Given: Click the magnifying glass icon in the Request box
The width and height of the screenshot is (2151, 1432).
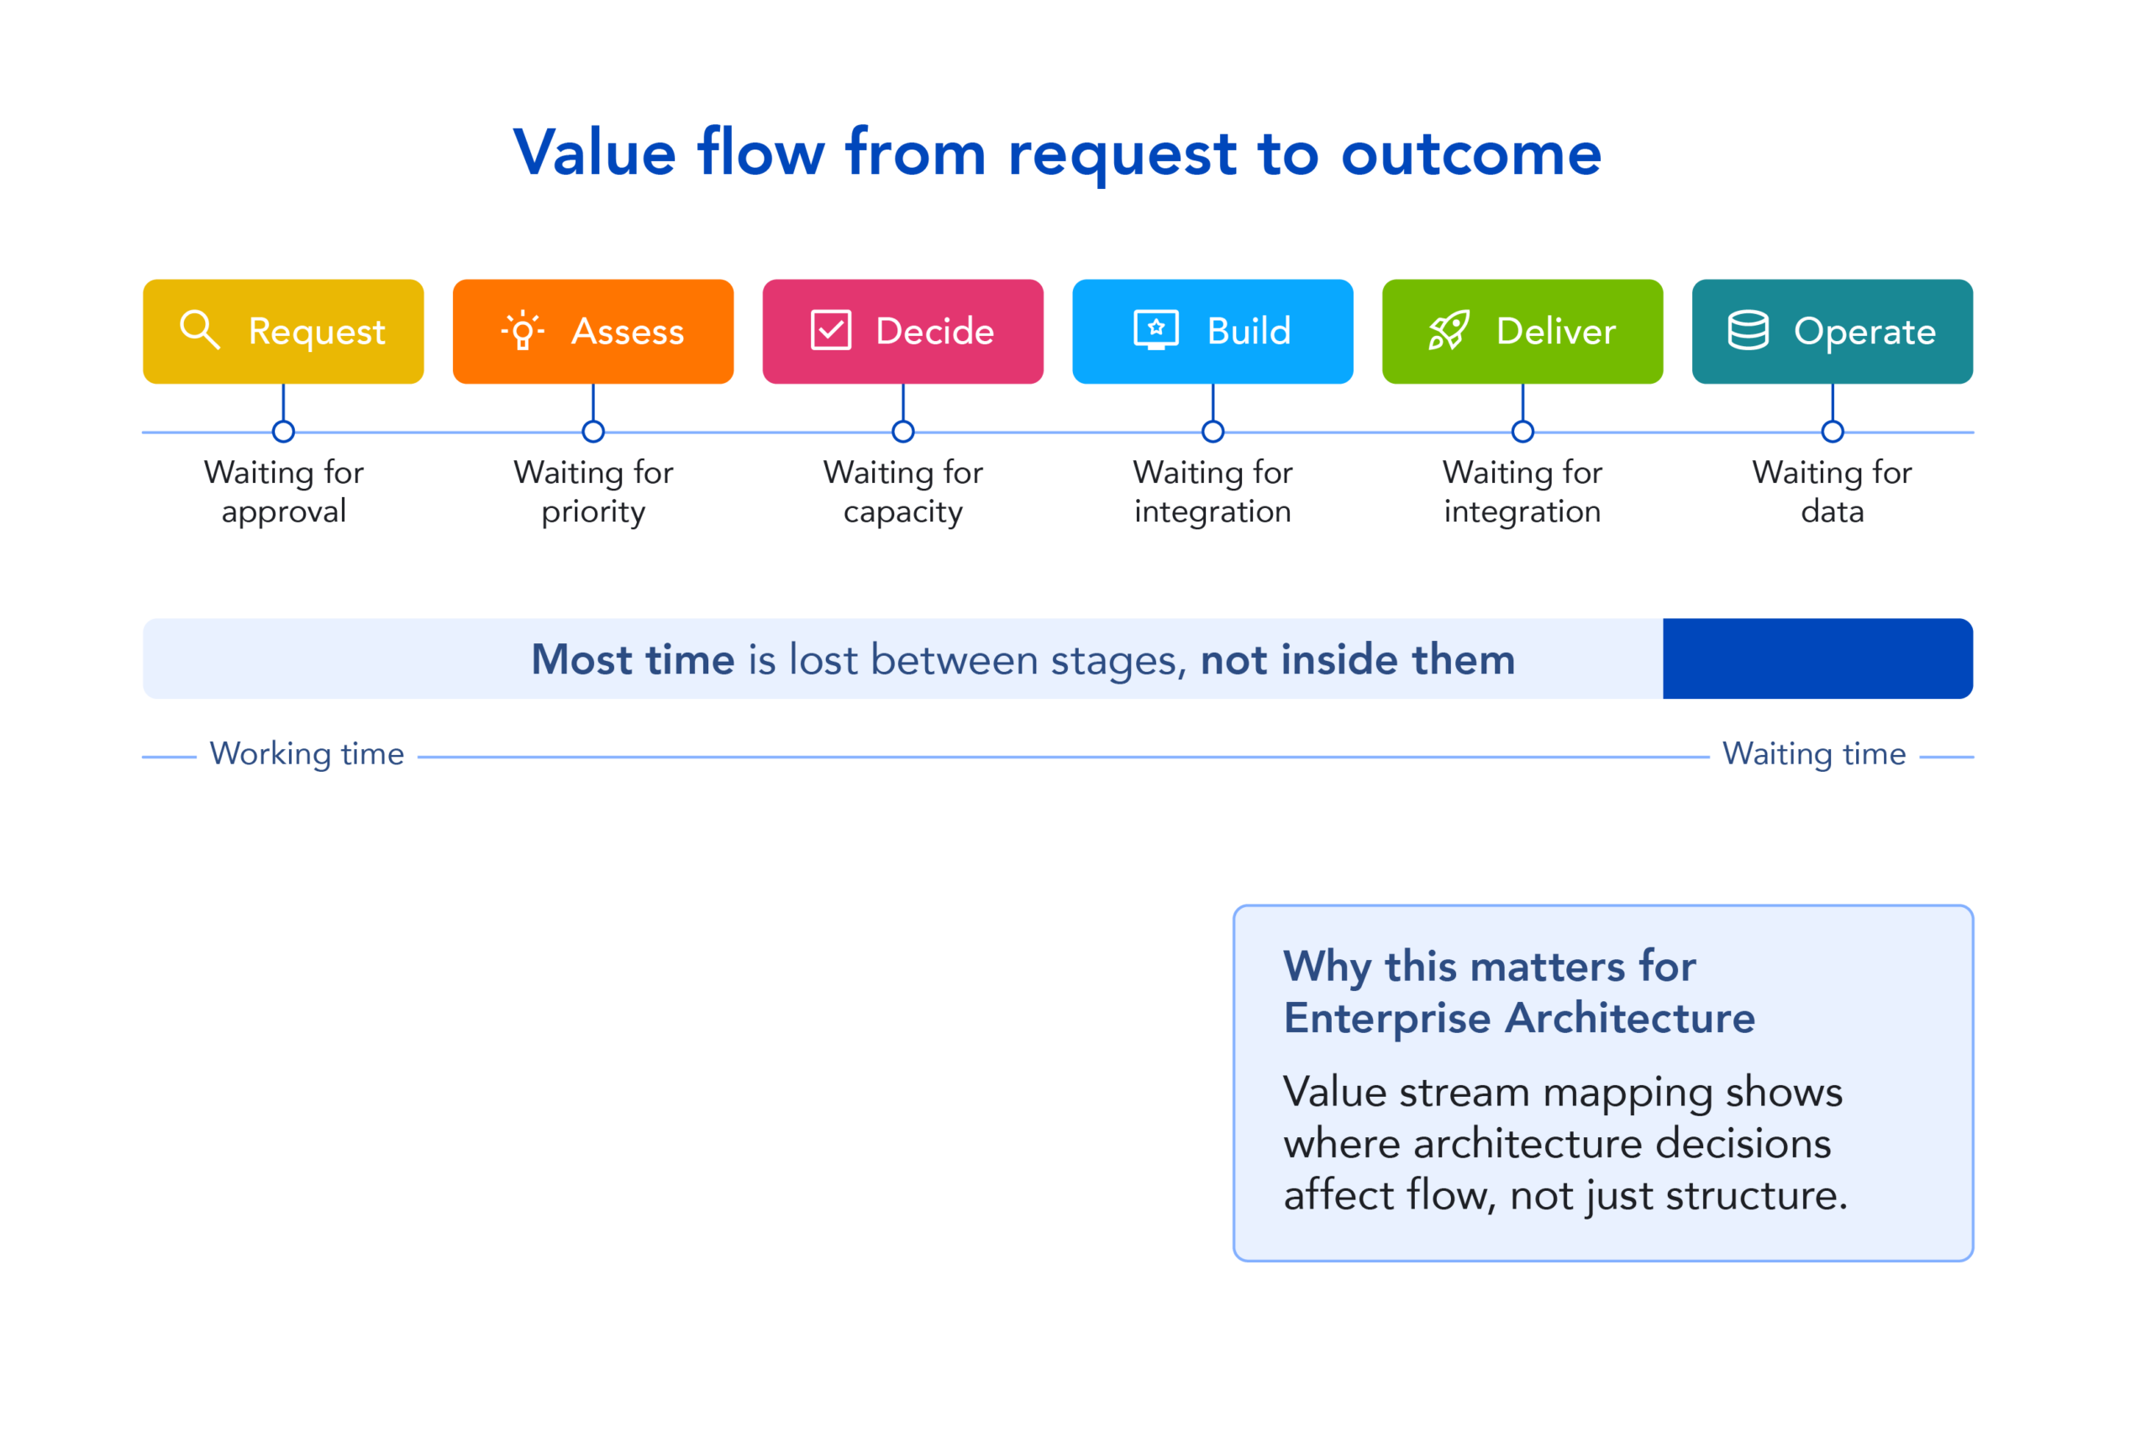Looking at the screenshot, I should tap(200, 330).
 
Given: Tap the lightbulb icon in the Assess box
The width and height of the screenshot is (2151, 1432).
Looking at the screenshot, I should tap(523, 331).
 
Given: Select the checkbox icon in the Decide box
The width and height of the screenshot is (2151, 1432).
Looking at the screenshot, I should tap(830, 331).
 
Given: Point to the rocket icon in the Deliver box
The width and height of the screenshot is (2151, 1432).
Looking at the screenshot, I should tap(1449, 331).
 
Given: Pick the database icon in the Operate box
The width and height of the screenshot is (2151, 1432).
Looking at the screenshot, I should tap(1749, 331).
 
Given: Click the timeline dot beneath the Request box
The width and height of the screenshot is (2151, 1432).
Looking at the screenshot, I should tap(283, 432).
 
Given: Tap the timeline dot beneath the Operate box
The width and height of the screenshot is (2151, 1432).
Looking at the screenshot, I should tap(1833, 432).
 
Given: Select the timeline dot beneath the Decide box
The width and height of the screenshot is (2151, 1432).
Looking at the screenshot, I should tap(902, 432).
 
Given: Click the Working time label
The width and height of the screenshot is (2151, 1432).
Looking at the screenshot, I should tap(307, 754).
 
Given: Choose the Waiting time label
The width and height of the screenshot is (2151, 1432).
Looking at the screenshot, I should tap(1814, 754).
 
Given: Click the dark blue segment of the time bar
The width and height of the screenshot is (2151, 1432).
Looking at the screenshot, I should tap(1817, 659).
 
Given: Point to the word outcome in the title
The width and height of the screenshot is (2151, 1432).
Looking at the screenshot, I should tap(1470, 155).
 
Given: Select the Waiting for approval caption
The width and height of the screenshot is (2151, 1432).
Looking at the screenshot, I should tap(283, 492).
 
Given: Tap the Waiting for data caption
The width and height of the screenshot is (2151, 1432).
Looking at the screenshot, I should tap(1833, 492).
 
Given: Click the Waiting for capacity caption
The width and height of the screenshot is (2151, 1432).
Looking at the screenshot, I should tap(902, 492).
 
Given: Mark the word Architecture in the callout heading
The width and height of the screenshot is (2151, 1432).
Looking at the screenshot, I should tap(1629, 1018).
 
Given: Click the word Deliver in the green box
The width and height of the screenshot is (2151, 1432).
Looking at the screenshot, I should tap(1555, 332).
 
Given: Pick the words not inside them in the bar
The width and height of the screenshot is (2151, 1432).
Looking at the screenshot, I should tap(1357, 660).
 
